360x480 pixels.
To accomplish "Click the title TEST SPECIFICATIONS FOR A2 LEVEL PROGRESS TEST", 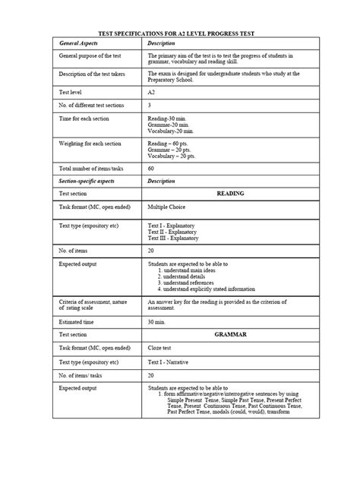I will pyautogui.click(x=179, y=34).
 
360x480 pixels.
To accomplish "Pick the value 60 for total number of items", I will pyautogui.click(x=151, y=169).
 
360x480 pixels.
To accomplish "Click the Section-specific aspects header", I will pyautogui.click(x=88, y=182).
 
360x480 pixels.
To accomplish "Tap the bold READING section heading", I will pyautogui.click(x=230, y=194).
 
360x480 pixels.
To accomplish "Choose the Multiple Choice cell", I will pyautogui.click(x=166, y=207).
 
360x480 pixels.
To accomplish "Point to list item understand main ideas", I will pyautogui.click(x=194, y=270).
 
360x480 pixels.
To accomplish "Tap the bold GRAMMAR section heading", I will pyautogui.click(x=230, y=335).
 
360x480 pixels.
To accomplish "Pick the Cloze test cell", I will pyautogui.click(x=161, y=348).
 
